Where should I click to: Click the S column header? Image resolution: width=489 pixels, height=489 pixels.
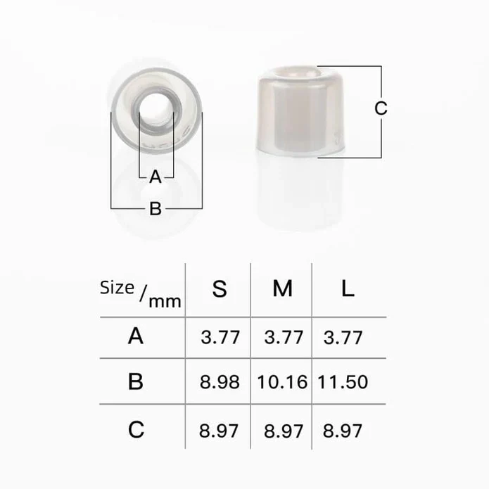tap(220, 288)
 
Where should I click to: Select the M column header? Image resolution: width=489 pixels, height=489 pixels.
tap(283, 288)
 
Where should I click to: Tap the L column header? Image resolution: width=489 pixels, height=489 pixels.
tap(348, 288)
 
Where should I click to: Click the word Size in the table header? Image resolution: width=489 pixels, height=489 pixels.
tap(117, 288)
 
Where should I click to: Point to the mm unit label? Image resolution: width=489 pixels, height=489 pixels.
tap(165, 302)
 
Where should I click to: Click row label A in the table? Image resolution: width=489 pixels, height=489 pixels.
tap(136, 336)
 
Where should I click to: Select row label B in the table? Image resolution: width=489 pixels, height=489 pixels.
tap(136, 381)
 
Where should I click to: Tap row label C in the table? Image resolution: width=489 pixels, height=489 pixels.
tap(136, 429)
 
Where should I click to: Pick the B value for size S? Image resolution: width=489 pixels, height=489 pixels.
tap(220, 382)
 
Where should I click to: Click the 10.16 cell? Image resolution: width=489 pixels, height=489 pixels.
tap(282, 382)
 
